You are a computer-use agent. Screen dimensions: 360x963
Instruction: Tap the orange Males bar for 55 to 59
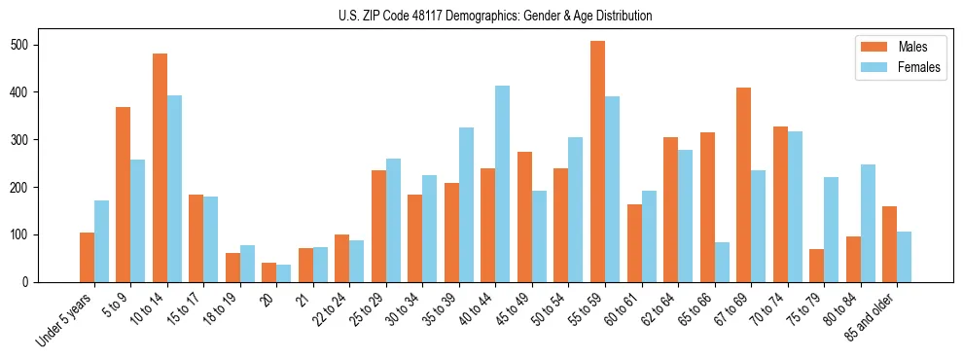pos(597,162)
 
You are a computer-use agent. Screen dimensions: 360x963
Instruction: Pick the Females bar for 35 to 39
pos(466,204)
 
